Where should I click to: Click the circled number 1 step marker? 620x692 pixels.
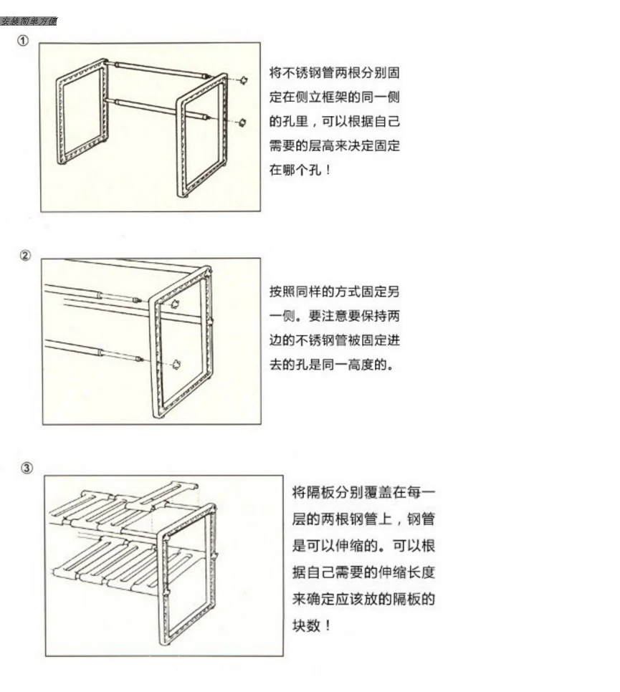tap(24, 41)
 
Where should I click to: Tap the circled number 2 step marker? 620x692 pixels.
tap(26, 256)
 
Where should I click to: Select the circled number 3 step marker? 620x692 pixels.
tap(27, 468)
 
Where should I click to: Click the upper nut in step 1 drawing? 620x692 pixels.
tap(244, 80)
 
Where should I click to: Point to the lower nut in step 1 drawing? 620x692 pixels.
tap(242, 122)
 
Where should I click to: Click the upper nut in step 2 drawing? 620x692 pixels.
tap(173, 304)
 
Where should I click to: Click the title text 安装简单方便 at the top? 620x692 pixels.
tap(29, 21)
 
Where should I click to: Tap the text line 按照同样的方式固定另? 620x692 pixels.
tap(333, 292)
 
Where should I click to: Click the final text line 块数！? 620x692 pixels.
tap(312, 625)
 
